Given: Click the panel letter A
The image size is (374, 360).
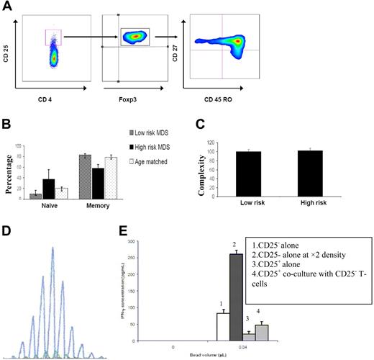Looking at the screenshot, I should [x=7, y=6].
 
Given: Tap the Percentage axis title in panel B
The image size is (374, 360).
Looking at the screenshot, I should [x=10, y=171].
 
